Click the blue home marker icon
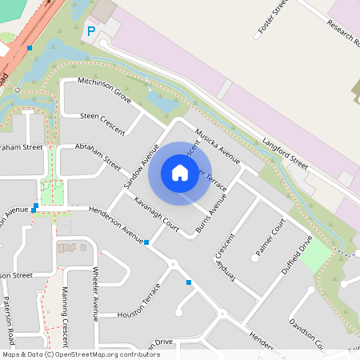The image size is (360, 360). coord(180,173)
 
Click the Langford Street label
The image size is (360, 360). coord(285,152)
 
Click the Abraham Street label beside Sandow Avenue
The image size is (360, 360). coord(98,156)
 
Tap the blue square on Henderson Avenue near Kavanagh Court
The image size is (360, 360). coord(146,242)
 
